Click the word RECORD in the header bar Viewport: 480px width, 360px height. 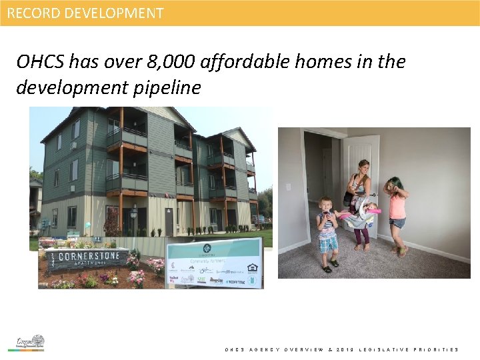coord(31,13)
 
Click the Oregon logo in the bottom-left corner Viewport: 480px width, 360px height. coord(31,343)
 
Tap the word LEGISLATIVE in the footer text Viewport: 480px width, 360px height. coord(385,349)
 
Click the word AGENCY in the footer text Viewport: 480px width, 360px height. coord(263,349)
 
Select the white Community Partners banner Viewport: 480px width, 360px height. coord(214,263)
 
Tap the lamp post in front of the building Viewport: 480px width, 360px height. coord(133,220)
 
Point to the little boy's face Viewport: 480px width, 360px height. coord(325,204)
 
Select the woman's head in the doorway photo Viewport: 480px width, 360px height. coord(363,167)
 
